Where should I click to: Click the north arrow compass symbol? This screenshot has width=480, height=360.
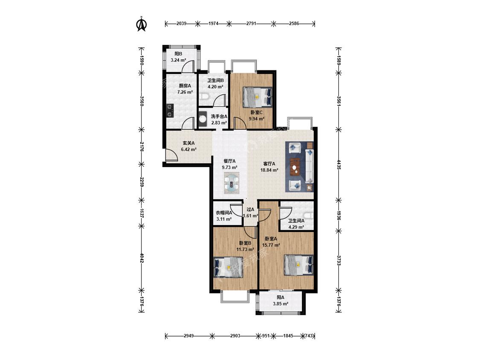tap(141, 24)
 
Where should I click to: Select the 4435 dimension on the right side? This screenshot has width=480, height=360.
tap(339, 165)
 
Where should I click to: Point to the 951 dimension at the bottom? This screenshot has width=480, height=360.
tap(266, 336)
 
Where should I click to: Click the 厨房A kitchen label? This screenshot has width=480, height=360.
tap(185, 86)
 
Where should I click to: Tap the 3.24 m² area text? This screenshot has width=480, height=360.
tap(178, 60)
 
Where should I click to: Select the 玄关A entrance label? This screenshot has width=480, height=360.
tap(189, 143)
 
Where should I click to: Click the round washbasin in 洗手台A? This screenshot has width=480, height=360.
tap(203, 119)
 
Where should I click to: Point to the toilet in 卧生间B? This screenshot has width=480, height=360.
tap(204, 97)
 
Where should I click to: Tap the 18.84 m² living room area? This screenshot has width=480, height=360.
tap(269, 170)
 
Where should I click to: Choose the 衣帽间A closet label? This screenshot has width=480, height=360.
tap(224, 213)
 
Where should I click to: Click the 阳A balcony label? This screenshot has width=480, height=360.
tap(281, 297)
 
